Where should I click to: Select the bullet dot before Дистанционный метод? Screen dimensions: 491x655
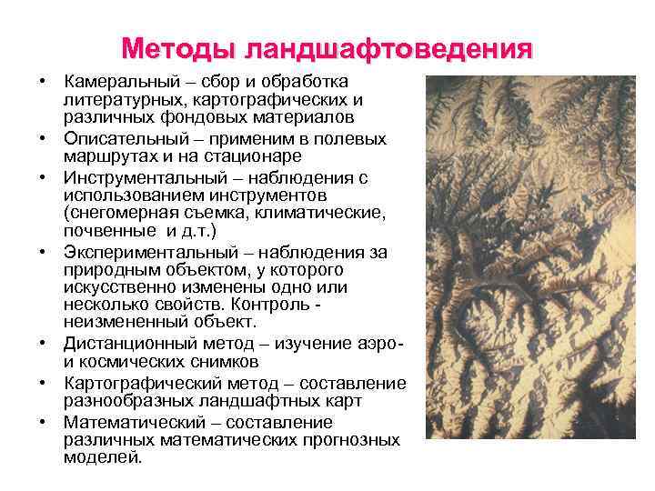(43, 343)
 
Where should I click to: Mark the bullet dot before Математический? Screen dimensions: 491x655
(43, 423)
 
